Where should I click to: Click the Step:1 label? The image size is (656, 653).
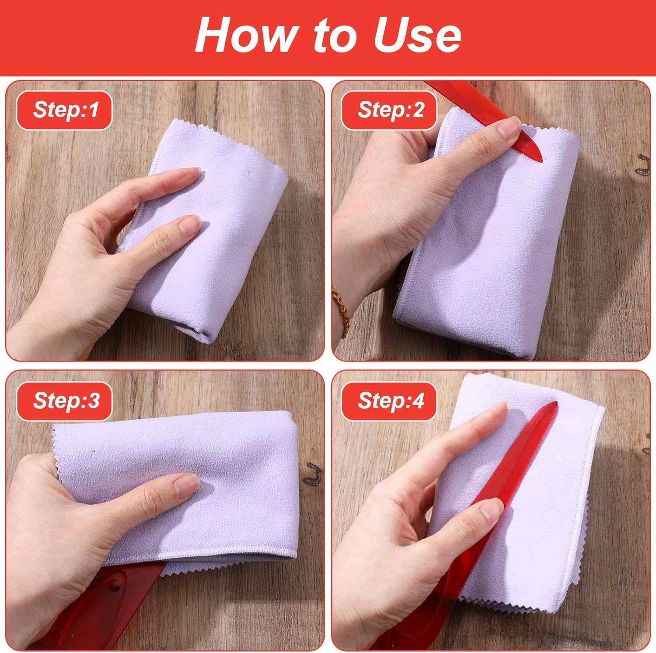click(65, 110)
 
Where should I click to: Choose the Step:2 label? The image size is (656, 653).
click(390, 110)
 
